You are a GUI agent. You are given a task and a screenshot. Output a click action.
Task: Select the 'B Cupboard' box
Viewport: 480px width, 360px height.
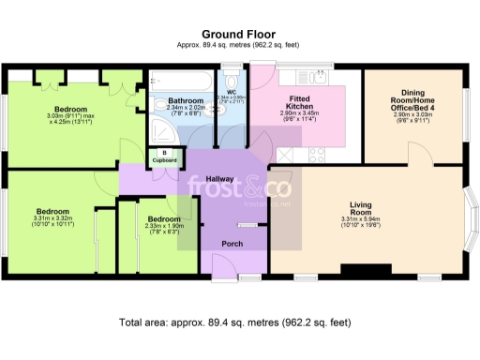(x=164, y=157)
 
